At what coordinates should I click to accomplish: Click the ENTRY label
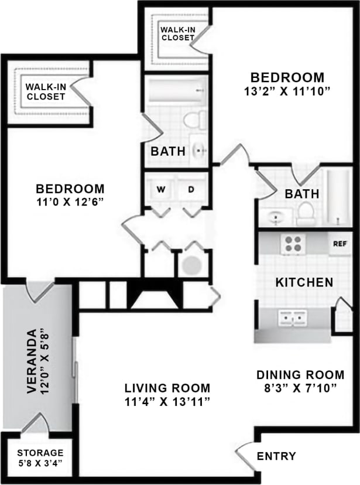[x=276, y=456]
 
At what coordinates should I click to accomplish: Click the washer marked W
[x=160, y=190]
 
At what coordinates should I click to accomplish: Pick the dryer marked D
[x=191, y=190]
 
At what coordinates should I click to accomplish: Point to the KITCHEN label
[x=304, y=282]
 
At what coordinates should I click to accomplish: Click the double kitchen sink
[x=293, y=318]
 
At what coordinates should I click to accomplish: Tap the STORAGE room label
[x=40, y=453]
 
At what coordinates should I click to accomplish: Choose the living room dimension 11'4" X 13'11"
[x=167, y=401]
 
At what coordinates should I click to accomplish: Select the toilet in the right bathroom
[x=306, y=214]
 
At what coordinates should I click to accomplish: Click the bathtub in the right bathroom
[x=338, y=197]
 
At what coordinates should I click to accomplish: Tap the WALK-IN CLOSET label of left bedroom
[x=44, y=92]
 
